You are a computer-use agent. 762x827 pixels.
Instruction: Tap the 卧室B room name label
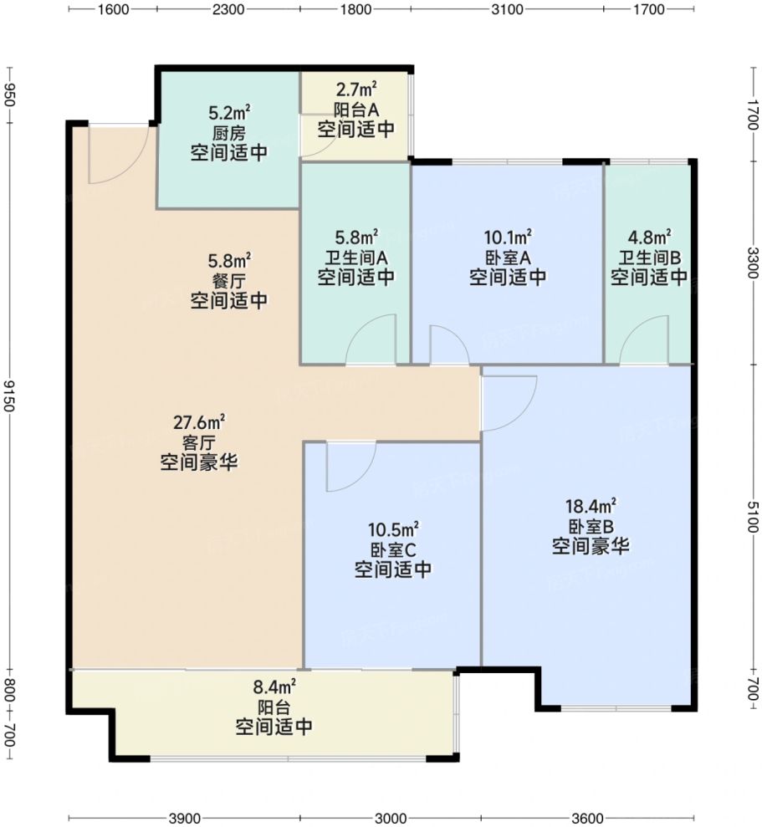pyautogui.click(x=591, y=527)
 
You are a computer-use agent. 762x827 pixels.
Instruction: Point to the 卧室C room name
pyautogui.click(x=393, y=550)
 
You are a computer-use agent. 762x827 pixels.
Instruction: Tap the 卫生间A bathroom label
pyautogui.click(x=355, y=257)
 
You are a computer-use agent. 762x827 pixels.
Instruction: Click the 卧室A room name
pyautogui.click(x=508, y=257)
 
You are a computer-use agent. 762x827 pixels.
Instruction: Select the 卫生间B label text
pyautogui.click(x=649, y=257)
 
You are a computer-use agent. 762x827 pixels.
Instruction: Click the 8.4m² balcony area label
pyautogui.click(x=274, y=687)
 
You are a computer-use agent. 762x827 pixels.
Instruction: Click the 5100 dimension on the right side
pyautogui.click(x=754, y=518)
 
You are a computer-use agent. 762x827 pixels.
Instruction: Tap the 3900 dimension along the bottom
pyautogui.click(x=185, y=817)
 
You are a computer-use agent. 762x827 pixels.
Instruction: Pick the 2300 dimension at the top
pyautogui.click(x=228, y=10)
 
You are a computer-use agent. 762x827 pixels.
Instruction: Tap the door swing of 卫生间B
pyautogui.click(x=641, y=343)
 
